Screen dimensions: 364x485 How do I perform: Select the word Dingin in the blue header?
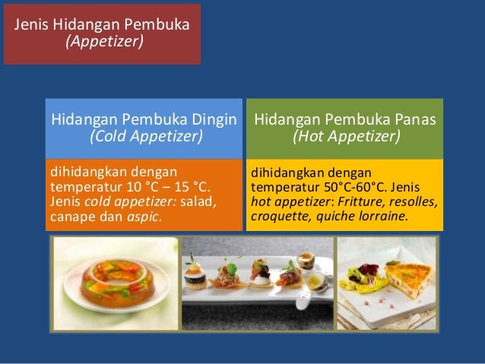[214, 119]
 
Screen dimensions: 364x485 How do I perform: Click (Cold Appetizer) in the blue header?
[146, 137]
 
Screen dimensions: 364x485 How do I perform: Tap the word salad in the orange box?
[198, 200]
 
